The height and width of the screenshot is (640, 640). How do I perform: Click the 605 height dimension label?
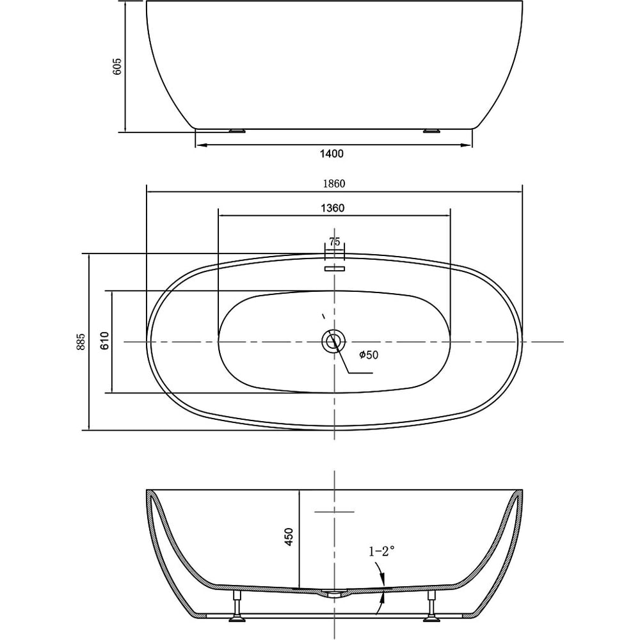[116, 66]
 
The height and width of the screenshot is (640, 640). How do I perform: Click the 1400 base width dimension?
[332, 154]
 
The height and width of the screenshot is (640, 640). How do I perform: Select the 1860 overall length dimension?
[334, 184]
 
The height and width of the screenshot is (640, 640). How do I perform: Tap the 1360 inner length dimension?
[333, 208]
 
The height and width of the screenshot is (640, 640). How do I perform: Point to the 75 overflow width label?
[334, 242]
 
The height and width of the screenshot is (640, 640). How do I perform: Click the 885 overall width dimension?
[81, 341]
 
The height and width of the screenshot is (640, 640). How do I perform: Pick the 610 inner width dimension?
[105, 340]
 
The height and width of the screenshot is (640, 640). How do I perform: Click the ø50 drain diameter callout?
[369, 355]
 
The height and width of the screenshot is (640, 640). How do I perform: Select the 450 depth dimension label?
[289, 537]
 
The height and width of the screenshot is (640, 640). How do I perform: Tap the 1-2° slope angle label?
[382, 552]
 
